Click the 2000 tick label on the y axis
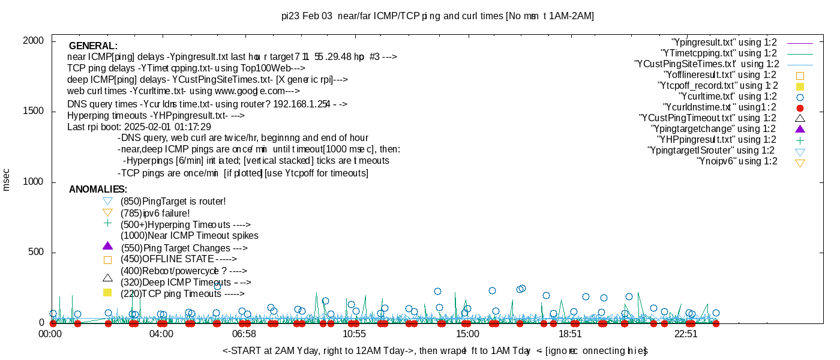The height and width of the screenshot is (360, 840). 34,40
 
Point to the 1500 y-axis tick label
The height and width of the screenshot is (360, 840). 34,111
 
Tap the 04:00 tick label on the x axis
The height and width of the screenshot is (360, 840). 161,334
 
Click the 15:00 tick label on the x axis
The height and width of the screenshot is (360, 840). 467,334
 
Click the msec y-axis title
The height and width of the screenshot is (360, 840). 7,180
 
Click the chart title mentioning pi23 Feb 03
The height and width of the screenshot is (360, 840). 437,16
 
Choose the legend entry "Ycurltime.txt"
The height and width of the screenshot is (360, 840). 727,97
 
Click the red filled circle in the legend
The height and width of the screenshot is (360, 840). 799,108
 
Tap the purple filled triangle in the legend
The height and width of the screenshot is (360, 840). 799,129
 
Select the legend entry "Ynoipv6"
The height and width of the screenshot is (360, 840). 737,161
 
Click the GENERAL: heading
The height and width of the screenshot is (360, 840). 93,46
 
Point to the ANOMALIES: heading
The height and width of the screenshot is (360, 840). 98,190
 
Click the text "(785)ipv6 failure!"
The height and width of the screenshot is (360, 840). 155,213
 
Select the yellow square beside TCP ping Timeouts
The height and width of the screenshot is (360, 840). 107,293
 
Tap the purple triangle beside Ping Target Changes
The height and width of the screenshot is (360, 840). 107,245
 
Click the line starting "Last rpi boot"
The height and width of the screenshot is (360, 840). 139,127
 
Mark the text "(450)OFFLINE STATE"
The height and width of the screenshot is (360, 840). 167,259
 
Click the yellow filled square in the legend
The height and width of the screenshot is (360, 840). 799,86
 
